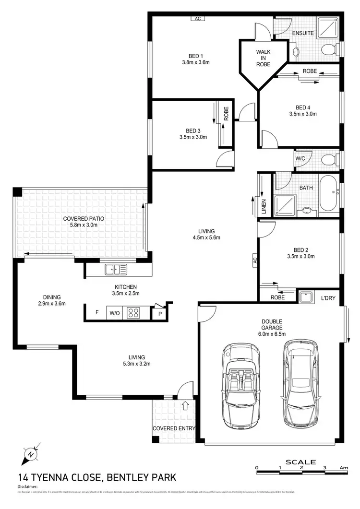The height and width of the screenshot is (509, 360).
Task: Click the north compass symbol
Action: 30,453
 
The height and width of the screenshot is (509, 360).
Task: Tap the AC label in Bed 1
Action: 197,19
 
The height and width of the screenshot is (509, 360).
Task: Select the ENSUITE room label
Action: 303,33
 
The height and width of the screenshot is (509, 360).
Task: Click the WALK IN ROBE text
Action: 263,58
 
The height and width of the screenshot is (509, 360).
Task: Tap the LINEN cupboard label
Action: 264,207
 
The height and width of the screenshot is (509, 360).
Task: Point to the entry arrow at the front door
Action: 186,406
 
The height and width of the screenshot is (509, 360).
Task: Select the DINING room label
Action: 51,297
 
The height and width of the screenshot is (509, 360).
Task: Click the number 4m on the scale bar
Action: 344,467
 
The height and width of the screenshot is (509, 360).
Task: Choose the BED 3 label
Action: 193,130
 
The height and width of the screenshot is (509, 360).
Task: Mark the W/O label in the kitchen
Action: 114,313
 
